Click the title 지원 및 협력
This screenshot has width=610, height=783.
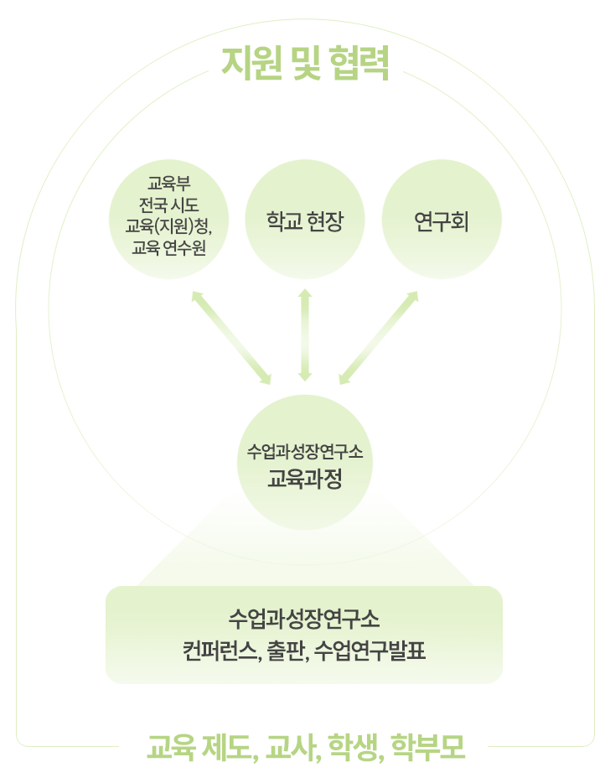(305, 64)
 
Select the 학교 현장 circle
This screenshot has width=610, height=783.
(305, 221)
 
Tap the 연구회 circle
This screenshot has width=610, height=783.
(442, 221)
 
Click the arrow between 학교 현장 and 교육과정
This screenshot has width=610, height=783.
(305, 335)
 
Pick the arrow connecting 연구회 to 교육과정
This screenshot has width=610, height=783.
(379, 338)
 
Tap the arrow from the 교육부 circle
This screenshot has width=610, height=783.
(231, 338)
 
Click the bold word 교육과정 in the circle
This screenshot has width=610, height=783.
(305, 480)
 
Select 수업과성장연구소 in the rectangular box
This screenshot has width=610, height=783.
(304, 620)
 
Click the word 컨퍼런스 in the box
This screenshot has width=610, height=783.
(220, 651)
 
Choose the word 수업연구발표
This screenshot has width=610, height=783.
(374, 651)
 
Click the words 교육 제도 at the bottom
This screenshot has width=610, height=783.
(199, 745)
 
